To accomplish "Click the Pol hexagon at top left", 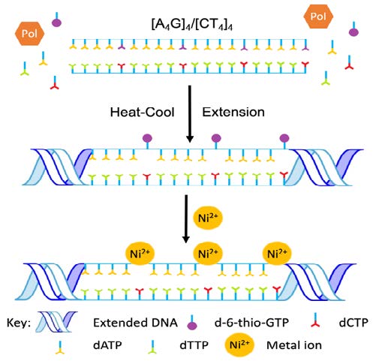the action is [30, 34].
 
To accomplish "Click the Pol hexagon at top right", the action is [318, 17].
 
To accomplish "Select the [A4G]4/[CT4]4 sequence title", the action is [192, 25].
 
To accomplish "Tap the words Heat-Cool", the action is [142, 112].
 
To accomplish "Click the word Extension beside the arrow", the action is [233, 112].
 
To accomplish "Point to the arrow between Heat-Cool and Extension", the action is [190, 114].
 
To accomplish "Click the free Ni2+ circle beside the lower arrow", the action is [208, 218].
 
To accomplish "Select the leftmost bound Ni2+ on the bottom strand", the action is [140, 254].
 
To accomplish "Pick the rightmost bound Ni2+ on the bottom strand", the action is [277, 254].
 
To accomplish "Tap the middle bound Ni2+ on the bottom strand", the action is [208, 254].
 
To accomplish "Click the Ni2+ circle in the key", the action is [239, 344].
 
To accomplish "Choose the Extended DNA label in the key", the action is [135, 323].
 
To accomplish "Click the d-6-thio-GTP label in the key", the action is [251, 323].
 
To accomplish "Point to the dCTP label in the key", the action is [353, 323].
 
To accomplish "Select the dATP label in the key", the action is [107, 345].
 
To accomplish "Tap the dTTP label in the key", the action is [194, 345].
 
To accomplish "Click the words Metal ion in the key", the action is [294, 345].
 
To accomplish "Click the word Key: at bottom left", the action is [19, 323].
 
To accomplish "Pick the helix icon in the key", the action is [56, 322].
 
